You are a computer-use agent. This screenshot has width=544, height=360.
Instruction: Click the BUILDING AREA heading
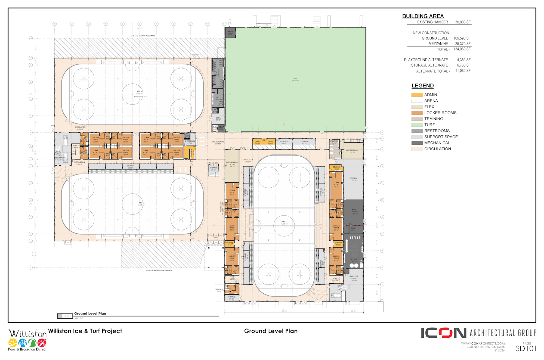click(x=423, y=16)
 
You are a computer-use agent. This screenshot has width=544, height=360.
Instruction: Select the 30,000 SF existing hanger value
click(x=463, y=22)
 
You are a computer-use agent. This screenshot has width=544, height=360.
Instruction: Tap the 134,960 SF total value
click(x=462, y=49)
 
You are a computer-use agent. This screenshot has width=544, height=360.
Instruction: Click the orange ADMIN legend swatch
click(x=417, y=95)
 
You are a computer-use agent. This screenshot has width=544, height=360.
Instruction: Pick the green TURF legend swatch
click(x=417, y=125)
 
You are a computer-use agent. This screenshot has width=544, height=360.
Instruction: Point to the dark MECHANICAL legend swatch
click(x=417, y=143)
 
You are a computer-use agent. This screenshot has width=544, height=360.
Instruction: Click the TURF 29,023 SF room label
click(x=295, y=79)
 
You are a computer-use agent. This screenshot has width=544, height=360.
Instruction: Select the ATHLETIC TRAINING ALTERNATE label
click(x=143, y=36)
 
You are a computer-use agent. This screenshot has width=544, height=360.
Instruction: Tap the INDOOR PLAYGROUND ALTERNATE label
click(x=159, y=271)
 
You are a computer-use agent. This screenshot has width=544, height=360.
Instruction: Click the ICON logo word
click(x=444, y=333)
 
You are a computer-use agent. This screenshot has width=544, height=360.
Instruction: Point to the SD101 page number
click(x=526, y=349)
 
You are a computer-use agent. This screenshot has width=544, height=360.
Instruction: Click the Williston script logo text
click(x=27, y=333)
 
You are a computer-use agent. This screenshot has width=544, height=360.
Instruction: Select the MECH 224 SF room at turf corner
click(x=230, y=33)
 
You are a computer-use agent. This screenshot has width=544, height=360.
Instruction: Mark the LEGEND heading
click(x=422, y=86)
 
